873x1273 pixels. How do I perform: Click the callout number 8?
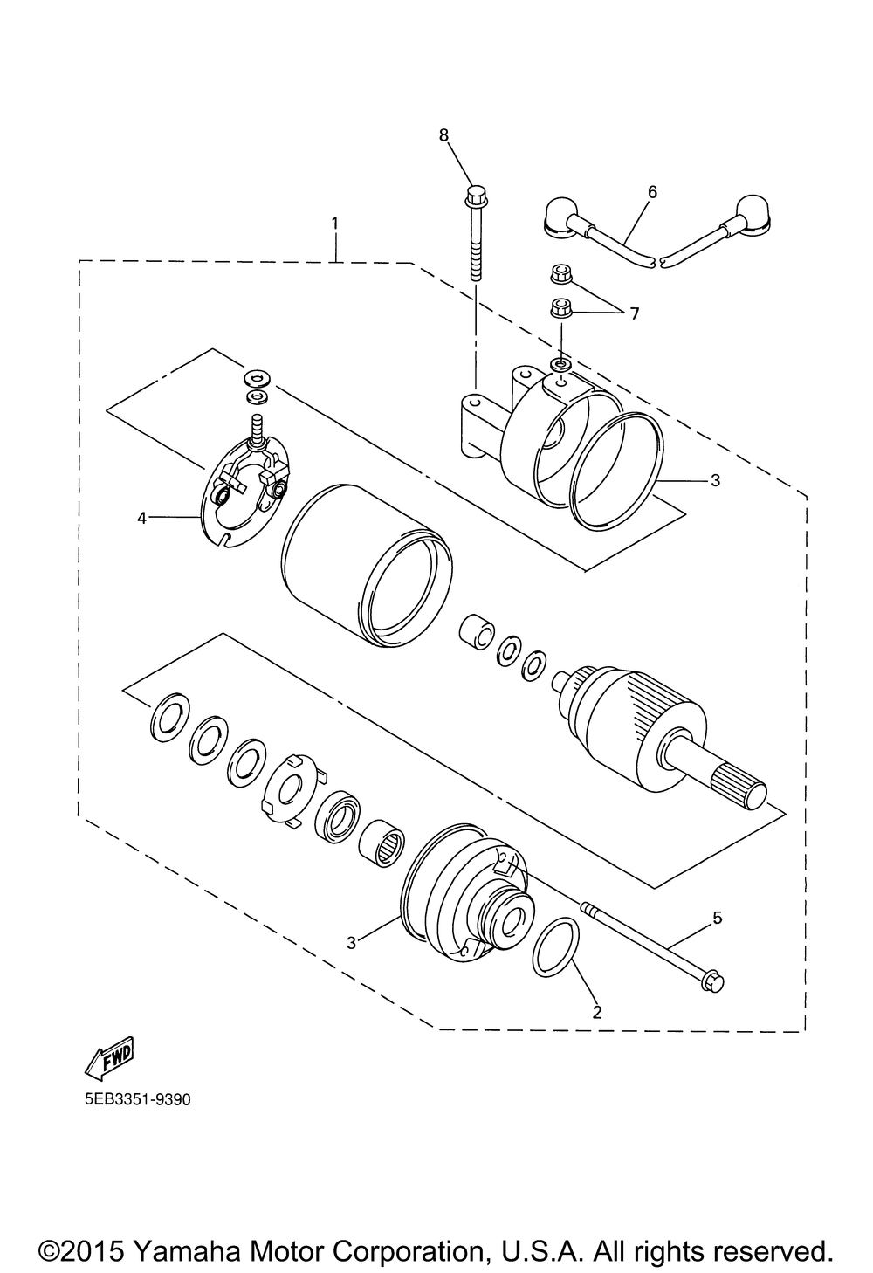443,134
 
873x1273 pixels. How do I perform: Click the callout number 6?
652,191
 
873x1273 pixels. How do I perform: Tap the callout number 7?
634,313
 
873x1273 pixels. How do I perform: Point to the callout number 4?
141,518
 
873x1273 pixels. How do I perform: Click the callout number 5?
717,917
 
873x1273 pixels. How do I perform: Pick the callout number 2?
597,1013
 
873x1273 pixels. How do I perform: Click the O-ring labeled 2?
556,946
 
